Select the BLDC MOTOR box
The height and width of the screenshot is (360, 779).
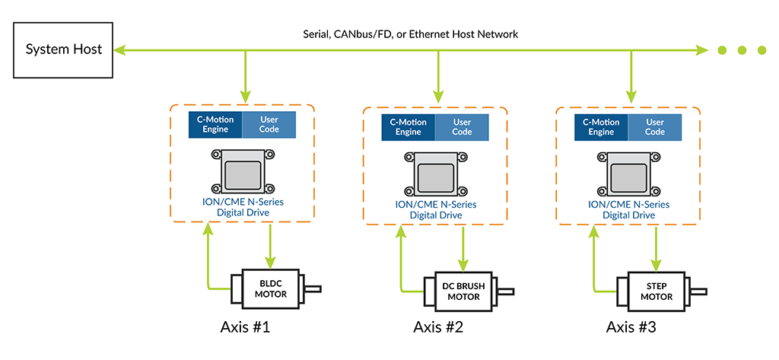270,288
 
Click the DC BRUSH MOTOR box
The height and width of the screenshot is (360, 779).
463,292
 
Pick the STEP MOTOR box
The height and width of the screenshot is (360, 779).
656,292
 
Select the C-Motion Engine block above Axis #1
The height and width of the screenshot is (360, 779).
215,125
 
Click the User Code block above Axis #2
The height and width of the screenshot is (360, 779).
462,127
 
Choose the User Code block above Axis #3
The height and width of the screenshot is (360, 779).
654,127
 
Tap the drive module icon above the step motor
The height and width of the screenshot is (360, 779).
629,173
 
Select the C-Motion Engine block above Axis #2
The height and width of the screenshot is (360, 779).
409,127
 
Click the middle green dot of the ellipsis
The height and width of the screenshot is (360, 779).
742,51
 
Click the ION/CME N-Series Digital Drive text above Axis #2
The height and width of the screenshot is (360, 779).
437,209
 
